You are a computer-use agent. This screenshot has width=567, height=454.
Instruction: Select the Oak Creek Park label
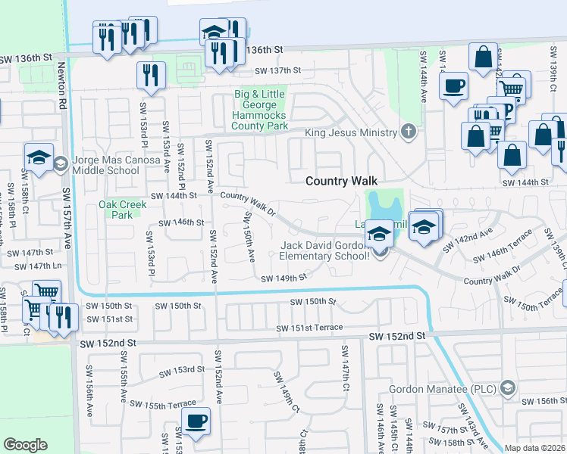pyautogui.click(x=116, y=209)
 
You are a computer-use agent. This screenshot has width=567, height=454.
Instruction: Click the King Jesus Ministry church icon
pyautogui.click(x=409, y=132)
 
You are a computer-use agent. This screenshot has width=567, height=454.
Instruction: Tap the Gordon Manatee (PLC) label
pyautogui.click(x=442, y=389)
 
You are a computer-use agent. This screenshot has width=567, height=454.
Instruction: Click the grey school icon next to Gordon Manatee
pyautogui.click(x=507, y=389)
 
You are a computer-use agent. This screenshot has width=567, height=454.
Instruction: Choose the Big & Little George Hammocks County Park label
pyautogui.click(x=260, y=109)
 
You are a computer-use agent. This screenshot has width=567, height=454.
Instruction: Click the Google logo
pyautogui.click(x=25, y=445)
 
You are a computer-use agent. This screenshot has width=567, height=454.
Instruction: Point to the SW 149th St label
pyautogui.click(x=283, y=278)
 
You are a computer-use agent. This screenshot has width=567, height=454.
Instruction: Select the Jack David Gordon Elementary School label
pyautogui.click(x=325, y=250)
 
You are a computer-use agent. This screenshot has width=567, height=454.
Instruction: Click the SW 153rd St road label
pyautogui.click(x=182, y=371)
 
